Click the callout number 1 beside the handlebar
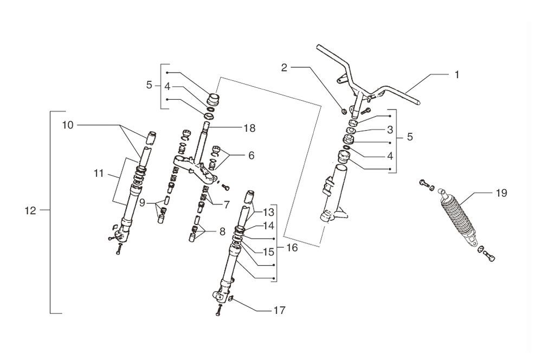[456, 74]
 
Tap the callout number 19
[500, 192]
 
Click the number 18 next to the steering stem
[250, 128]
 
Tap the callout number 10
[68, 125]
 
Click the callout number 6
[251, 155]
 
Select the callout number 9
[142, 203]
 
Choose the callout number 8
[221, 232]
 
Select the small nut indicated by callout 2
[344, 112]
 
